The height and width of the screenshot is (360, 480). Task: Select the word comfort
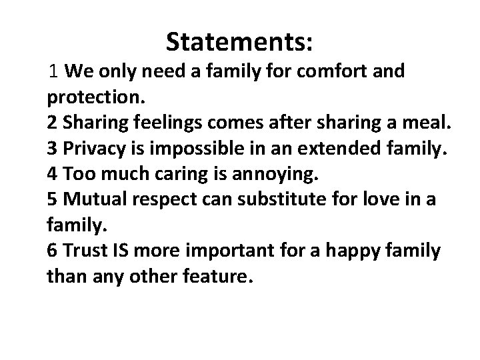click(x=325, y=71)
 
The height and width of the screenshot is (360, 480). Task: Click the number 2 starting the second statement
click(x=52, y=125)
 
